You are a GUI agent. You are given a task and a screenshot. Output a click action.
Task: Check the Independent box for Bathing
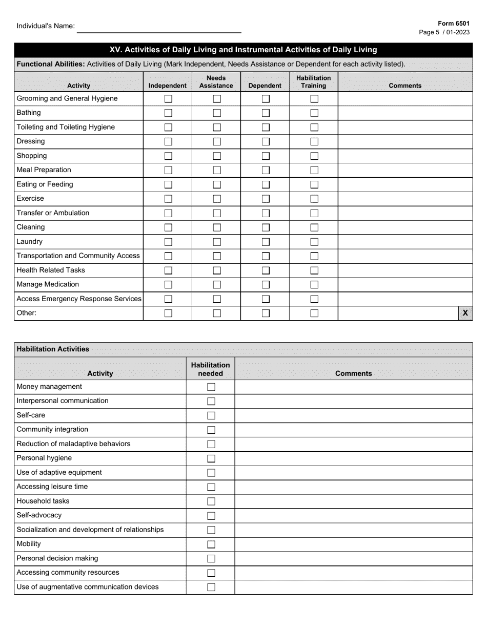168,113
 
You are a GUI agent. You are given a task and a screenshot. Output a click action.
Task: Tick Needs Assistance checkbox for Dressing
217,142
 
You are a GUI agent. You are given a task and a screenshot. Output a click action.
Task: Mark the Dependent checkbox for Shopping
266,156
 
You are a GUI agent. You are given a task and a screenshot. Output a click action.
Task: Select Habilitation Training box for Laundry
314,242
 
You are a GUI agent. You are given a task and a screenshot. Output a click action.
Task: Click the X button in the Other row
465,313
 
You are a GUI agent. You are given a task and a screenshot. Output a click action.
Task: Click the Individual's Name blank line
159,28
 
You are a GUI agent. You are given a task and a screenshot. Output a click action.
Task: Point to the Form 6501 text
453,24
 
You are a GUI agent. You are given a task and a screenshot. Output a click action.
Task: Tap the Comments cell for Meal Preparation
405,170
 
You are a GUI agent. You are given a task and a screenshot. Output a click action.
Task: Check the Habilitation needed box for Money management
211,387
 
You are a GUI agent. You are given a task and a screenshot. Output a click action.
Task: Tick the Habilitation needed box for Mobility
211,544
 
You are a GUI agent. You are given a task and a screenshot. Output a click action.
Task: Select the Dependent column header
265,86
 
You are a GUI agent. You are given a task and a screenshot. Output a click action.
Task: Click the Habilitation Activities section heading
53,349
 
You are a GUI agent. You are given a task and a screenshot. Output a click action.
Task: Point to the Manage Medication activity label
48,284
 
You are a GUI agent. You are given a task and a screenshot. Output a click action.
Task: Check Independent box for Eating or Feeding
168,185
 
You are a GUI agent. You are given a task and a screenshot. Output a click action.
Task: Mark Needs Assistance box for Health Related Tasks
217,270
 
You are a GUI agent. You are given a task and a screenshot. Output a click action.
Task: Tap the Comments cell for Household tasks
354,501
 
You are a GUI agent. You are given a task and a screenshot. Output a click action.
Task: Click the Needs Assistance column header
216,82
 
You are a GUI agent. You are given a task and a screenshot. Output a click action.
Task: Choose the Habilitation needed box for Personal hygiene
211,459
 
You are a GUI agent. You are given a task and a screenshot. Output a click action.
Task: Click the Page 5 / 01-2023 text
444,32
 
